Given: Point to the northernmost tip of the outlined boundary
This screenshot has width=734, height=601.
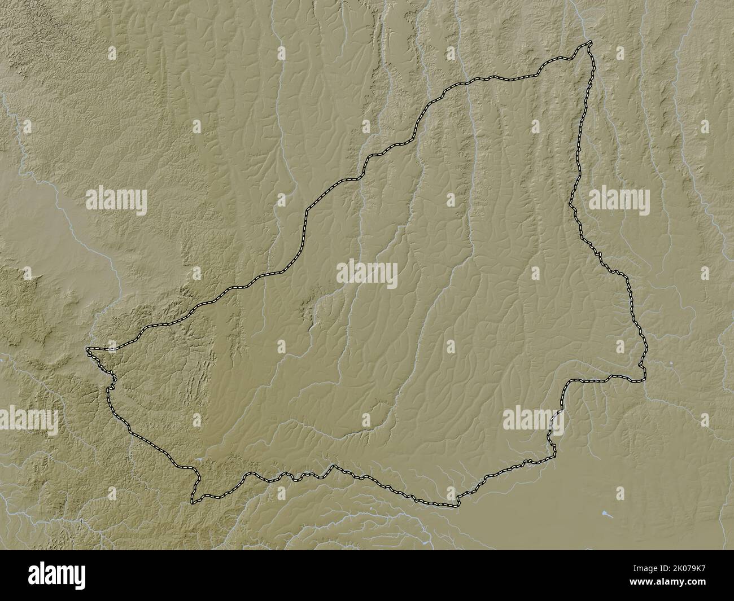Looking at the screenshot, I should pyautogui.click(x=590, y=42).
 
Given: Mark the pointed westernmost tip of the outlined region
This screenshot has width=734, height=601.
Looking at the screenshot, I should pyautogui.click(x=88, y=350).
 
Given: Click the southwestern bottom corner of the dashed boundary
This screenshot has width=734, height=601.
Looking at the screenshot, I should pyautogui.click(x=193, y=501).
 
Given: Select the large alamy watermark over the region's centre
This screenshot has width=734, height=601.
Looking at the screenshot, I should pyautogui.click(x=367, y=274).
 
